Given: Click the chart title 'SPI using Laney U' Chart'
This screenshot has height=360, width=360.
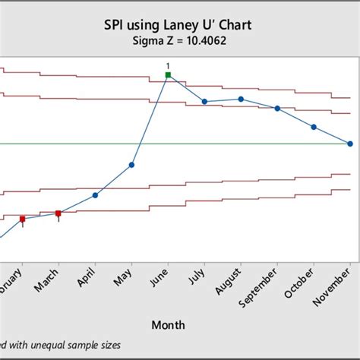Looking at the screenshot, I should click(179, 26).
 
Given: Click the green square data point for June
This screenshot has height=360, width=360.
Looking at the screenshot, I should click(168, 74).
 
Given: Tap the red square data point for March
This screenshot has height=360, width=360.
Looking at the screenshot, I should click(58, 213).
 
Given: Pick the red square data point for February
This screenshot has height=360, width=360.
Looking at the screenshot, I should click(22, 219).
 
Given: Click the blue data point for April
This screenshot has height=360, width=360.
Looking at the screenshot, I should click(95, 194).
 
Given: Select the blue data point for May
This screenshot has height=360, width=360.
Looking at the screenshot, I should click(131, 164).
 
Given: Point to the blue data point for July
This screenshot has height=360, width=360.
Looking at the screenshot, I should click(204, 102).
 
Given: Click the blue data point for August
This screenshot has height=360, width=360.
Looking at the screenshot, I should click(241, 99).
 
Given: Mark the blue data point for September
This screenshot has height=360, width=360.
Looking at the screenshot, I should click(277, 109).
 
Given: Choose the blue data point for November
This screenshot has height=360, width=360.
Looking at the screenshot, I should click(350, 144).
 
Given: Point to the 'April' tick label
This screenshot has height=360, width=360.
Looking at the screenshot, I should click(87, 279).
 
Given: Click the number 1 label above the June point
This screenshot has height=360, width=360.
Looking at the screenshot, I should click(168, 65).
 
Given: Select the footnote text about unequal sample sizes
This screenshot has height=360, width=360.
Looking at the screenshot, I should click(61, 346).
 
